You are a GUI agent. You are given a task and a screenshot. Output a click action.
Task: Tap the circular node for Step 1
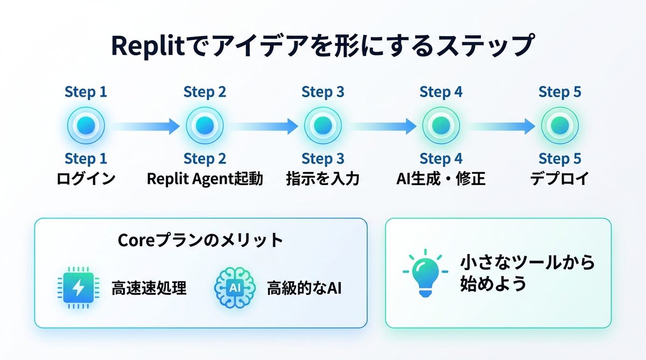click(x=86, y=126)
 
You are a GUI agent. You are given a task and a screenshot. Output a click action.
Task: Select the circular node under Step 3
click(x=323, y=126)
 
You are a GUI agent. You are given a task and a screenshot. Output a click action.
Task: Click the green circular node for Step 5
click(x=560, y=126)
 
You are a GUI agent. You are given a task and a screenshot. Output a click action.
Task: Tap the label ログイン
click(x=86, y=179)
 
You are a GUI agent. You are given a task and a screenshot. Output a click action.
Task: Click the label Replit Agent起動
click(x=205, y=179)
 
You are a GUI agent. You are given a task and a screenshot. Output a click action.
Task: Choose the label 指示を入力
click(x=323, y=179)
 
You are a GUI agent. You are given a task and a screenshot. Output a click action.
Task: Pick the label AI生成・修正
click(x=441, y=179)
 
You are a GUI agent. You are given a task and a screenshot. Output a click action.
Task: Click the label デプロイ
click(x=560, y=179)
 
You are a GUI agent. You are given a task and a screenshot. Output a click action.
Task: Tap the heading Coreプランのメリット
click(x=200, y=241)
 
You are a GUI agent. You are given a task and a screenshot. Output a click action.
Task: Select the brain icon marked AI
click(x=235, y=288)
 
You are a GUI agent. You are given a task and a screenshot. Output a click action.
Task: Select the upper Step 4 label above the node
click(x=441, y=92)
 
